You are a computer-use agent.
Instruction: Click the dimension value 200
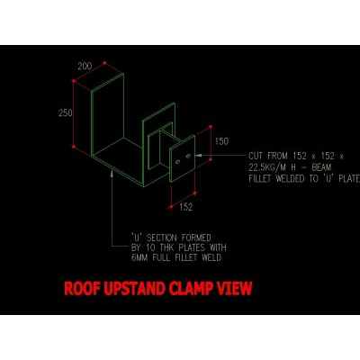click(85, 66)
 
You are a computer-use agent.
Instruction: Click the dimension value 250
click(66, 112)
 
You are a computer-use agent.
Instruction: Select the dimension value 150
click(221, 141)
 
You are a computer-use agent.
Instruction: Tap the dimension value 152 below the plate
click(186, 207)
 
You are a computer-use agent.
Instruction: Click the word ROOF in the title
click(82, 289)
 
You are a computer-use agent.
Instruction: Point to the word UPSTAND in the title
click(134, 289)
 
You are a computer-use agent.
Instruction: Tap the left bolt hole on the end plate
click(177, 162)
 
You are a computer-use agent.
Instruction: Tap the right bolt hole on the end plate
click(188, 156)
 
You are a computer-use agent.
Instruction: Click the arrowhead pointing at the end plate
click(198, 156)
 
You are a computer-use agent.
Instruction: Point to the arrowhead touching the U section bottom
click(112, 173)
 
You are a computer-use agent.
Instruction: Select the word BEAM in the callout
click(321, 167)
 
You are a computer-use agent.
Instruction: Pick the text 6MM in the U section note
click(139, 257)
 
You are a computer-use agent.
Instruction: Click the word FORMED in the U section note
click(196, 238)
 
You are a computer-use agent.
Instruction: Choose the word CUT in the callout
click(256, 156)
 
